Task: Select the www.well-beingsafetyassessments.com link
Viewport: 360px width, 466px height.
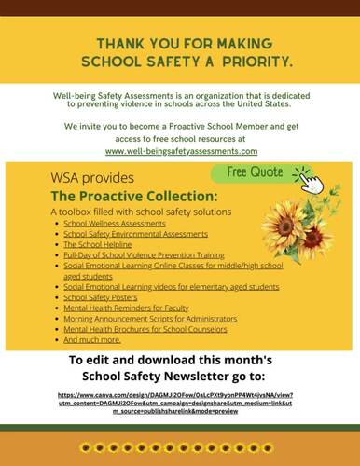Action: coord(181,149)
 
